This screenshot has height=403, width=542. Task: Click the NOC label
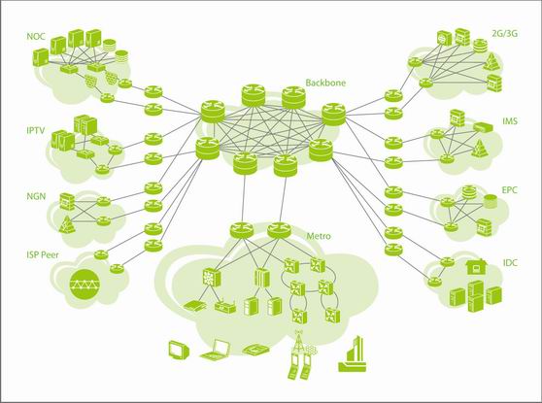(x=36, y=36)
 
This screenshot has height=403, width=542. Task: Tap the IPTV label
(x=36, y=130)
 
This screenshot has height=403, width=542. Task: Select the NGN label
(x=36, y=196)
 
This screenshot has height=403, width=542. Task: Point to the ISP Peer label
(x=43, y=255)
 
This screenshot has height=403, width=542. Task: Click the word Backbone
(x=325, y=83)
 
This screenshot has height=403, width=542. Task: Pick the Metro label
(x=319, y=236)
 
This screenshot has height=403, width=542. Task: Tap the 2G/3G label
(x=505, y=34)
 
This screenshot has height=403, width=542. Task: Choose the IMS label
(x=510, y=121)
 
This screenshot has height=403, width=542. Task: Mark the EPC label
(x=510, y=190)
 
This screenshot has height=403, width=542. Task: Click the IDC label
(x=510, y=262)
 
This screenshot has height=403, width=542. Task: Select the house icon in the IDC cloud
(x=477, y=266)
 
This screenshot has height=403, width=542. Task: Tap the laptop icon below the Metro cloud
(x=216, y=351)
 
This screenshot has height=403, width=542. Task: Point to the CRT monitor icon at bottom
(x=179, y=350)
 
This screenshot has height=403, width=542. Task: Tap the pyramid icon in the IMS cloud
(x=480, y=148)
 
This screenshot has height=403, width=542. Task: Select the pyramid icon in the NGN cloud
(x=66, y=224)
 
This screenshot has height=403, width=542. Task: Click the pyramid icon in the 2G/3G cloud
(x=491, y=61)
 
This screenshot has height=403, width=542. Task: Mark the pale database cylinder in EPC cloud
(x=490, y=201)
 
